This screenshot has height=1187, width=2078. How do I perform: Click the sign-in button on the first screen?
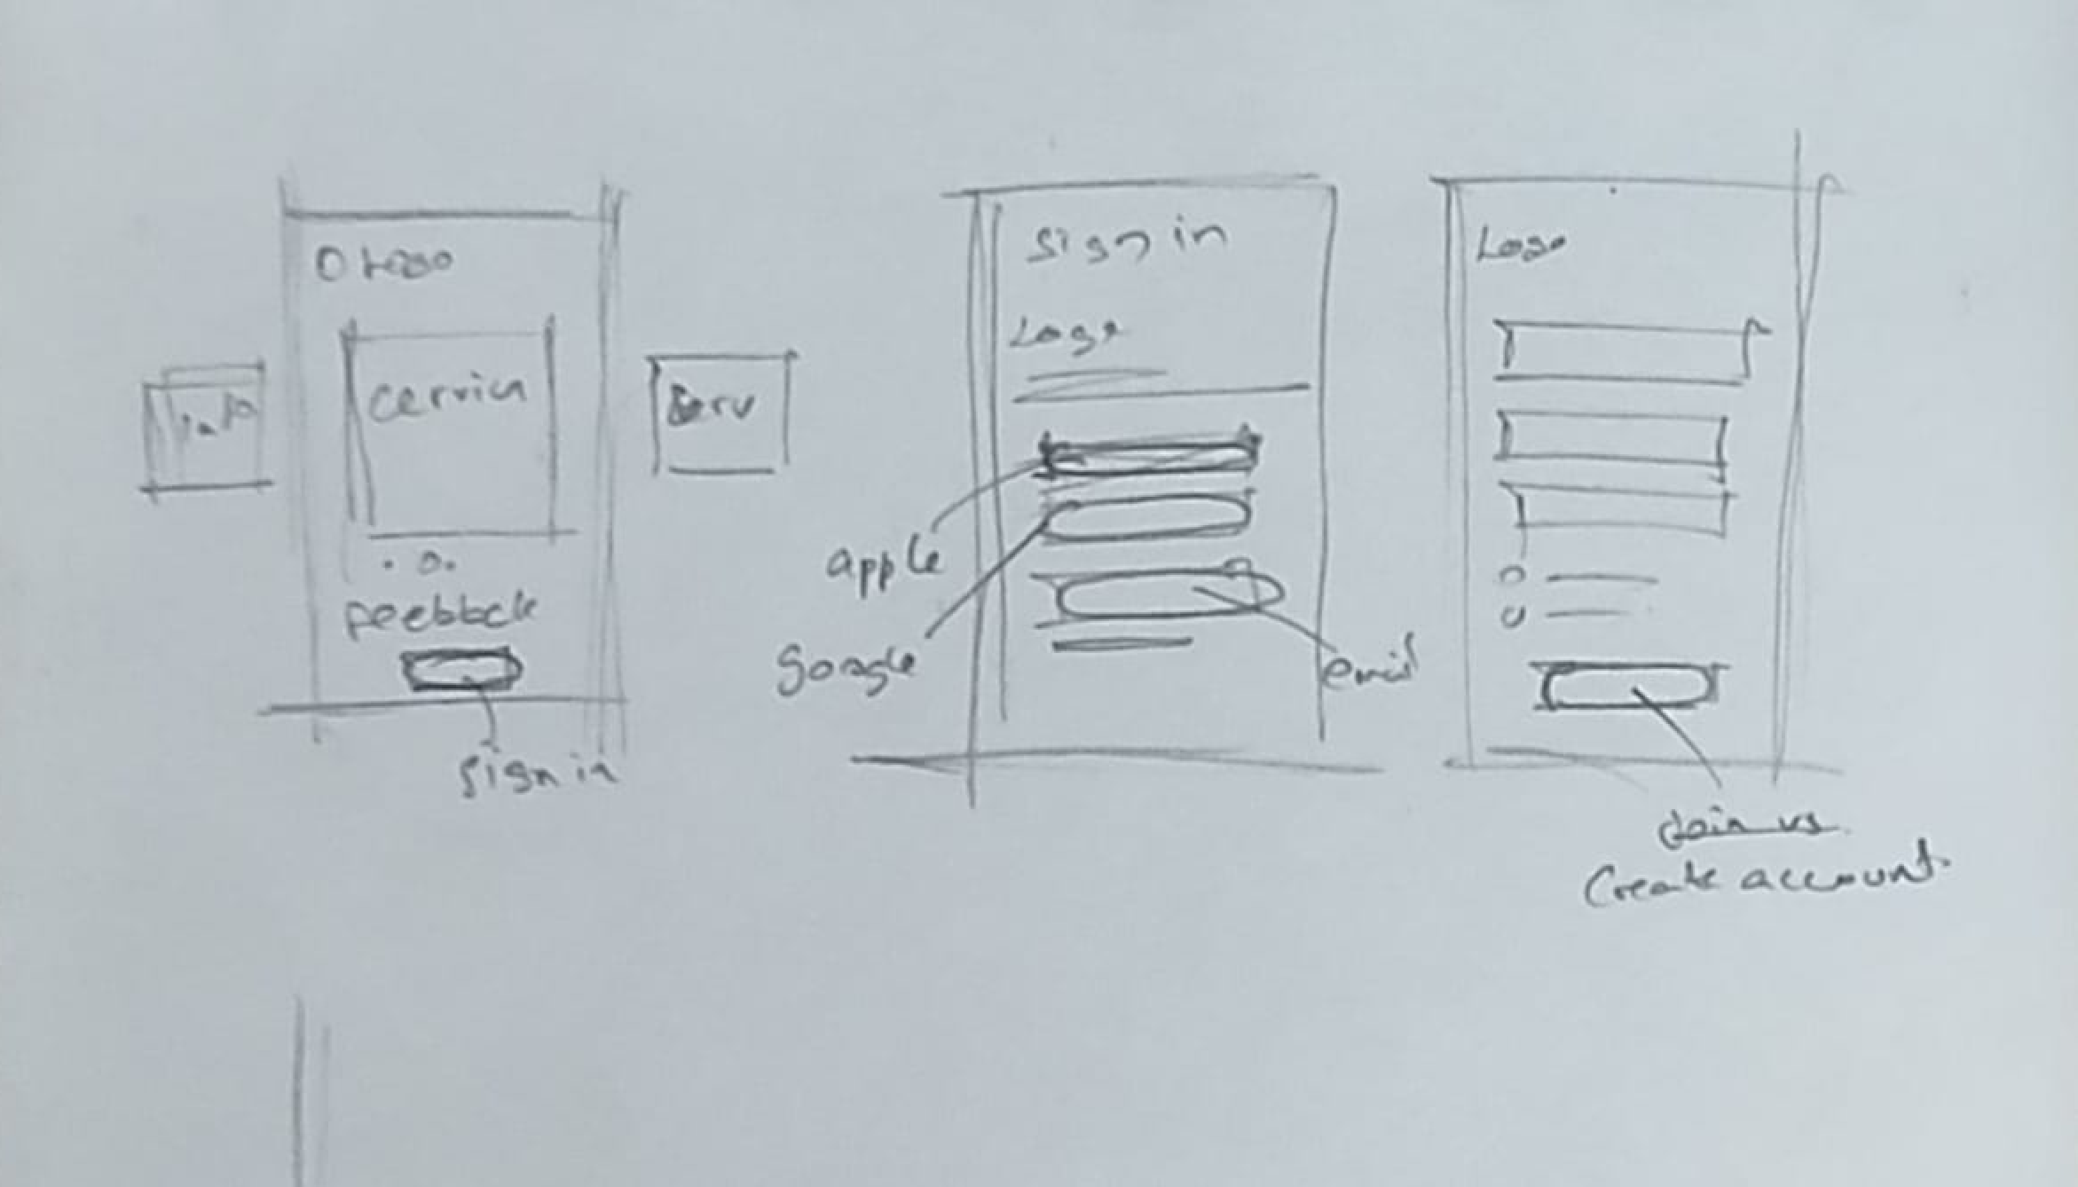click(x=461, y=670)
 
